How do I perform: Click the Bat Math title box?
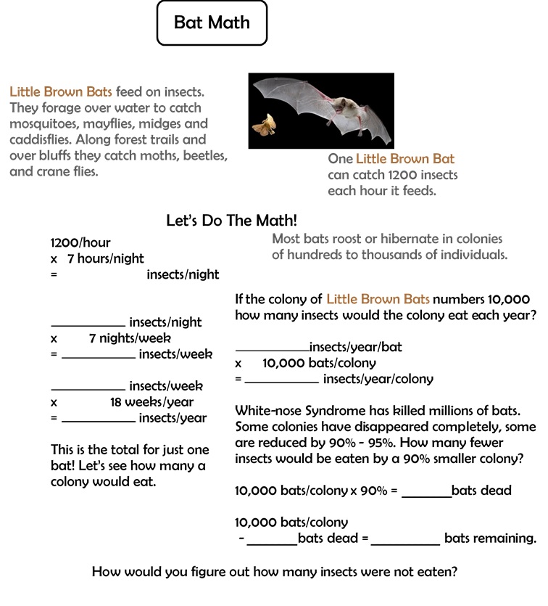[x=212, y=22]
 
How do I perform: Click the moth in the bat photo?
[x=262, y=126]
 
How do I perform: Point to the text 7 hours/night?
[x=106, y=258]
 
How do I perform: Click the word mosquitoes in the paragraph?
[x=44, y=123]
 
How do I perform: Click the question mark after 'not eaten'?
[x=453, y=571]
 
